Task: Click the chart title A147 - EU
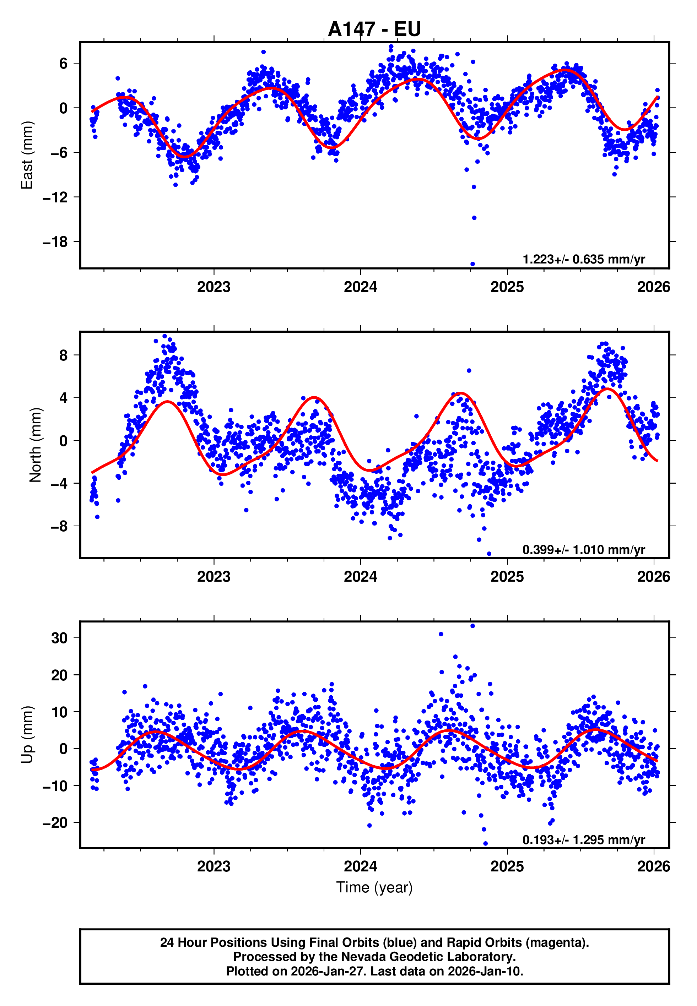pyautogui.click(x=374, y=29)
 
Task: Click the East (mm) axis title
pyautogui.click(x=27, y=156)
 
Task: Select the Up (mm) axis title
pyautogui.click(x=27, y=735)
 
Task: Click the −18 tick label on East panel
pyautogui.click(x=55, y=242)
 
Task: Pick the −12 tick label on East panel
pyautogui.click(x=55, y=197)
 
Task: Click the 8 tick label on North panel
pyautogui.click(x=63, y=355)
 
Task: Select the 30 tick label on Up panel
pyautogui.click(x=59, y=638)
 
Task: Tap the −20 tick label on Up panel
pyautogui.click(x=55, y=823)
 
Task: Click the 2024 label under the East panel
pyautogui.click(x=360, y=287)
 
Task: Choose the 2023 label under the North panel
pyautogui.click(x=214, y=577)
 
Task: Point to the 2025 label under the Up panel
pyautogui.click(x=507, y=866)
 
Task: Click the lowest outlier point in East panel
pyautogui.click(x=472, y=264)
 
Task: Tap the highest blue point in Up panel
pyautogui.click(x=472, y=626)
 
